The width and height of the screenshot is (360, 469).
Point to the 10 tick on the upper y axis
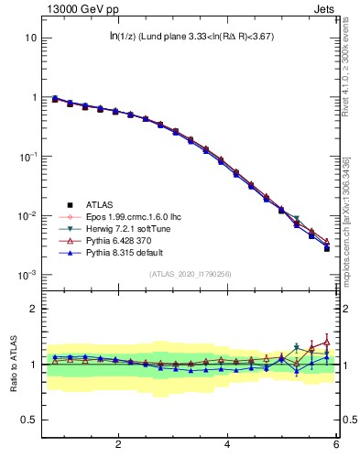(x=29, y=38)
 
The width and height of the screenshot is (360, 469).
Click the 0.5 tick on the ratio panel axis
(x=28, y=420)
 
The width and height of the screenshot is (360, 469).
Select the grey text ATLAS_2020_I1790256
(x=191, y=274)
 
